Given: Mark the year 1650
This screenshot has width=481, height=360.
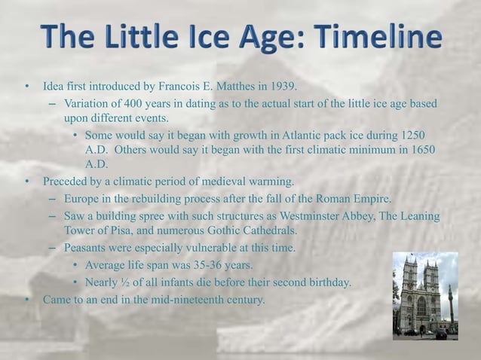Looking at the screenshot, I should [421, 151].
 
